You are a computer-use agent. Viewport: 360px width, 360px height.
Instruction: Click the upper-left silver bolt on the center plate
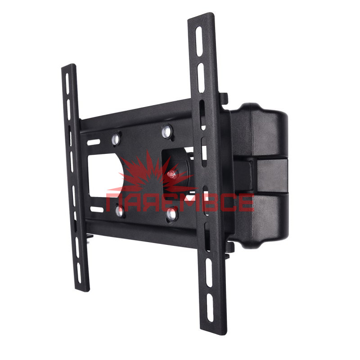(x=116, y=139)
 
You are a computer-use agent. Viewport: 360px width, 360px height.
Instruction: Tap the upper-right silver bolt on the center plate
(x=166, y=131)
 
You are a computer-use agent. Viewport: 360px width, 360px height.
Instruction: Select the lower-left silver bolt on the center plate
(x=119, y=211)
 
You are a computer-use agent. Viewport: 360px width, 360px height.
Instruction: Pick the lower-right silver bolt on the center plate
(x=171, y=215)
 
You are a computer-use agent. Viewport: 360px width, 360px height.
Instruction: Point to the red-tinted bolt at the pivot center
(x=172, y=174)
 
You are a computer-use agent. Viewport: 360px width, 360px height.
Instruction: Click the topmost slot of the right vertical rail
(x=199, y=41)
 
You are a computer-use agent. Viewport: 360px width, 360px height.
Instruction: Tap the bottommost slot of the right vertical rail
(x=210, y=308)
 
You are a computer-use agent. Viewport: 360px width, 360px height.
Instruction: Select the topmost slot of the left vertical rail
(x=67, y=84)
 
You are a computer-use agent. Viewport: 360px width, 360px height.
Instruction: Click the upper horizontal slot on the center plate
(x=94, y=142)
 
